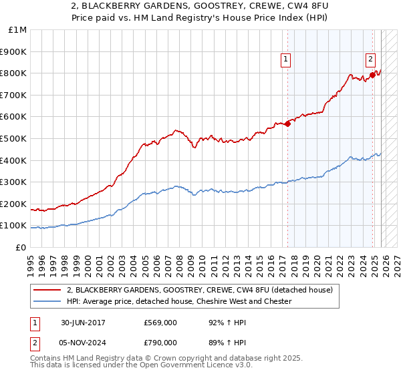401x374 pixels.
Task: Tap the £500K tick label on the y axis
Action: (14, 138)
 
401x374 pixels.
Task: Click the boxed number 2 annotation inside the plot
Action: (370, 58)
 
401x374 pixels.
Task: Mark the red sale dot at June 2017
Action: (288, 124)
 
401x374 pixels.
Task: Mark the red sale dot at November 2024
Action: (373, 75)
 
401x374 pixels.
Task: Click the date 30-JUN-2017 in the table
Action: (84, 323)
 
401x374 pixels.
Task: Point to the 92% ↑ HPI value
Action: (217, 323)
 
